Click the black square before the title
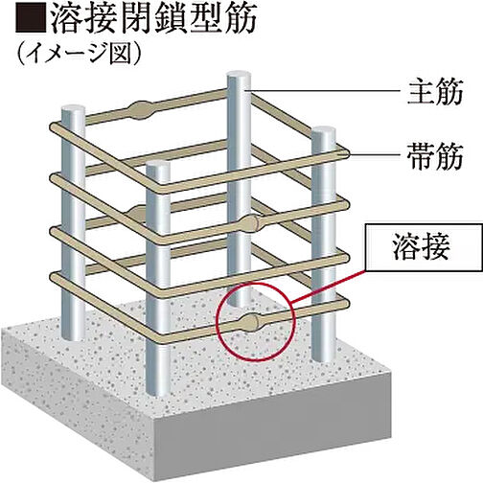[x=30, y=19]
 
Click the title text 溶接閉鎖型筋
[x=152, y=19]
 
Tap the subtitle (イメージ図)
[x=80, y=55]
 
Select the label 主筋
[x=435, y=92]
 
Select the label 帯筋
[x=435, y=155]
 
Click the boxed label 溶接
[x=424, y=248]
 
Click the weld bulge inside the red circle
[x=250, y=323]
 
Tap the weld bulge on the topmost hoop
[x=140, y=110]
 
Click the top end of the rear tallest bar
[x=239, y=77]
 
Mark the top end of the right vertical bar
[x=324, y=132]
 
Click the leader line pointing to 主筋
[x=325, y=91]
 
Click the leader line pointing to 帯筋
[x=375, y=155]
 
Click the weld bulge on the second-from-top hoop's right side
[x=250, y=223]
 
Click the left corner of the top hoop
[x=55, y=126]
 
